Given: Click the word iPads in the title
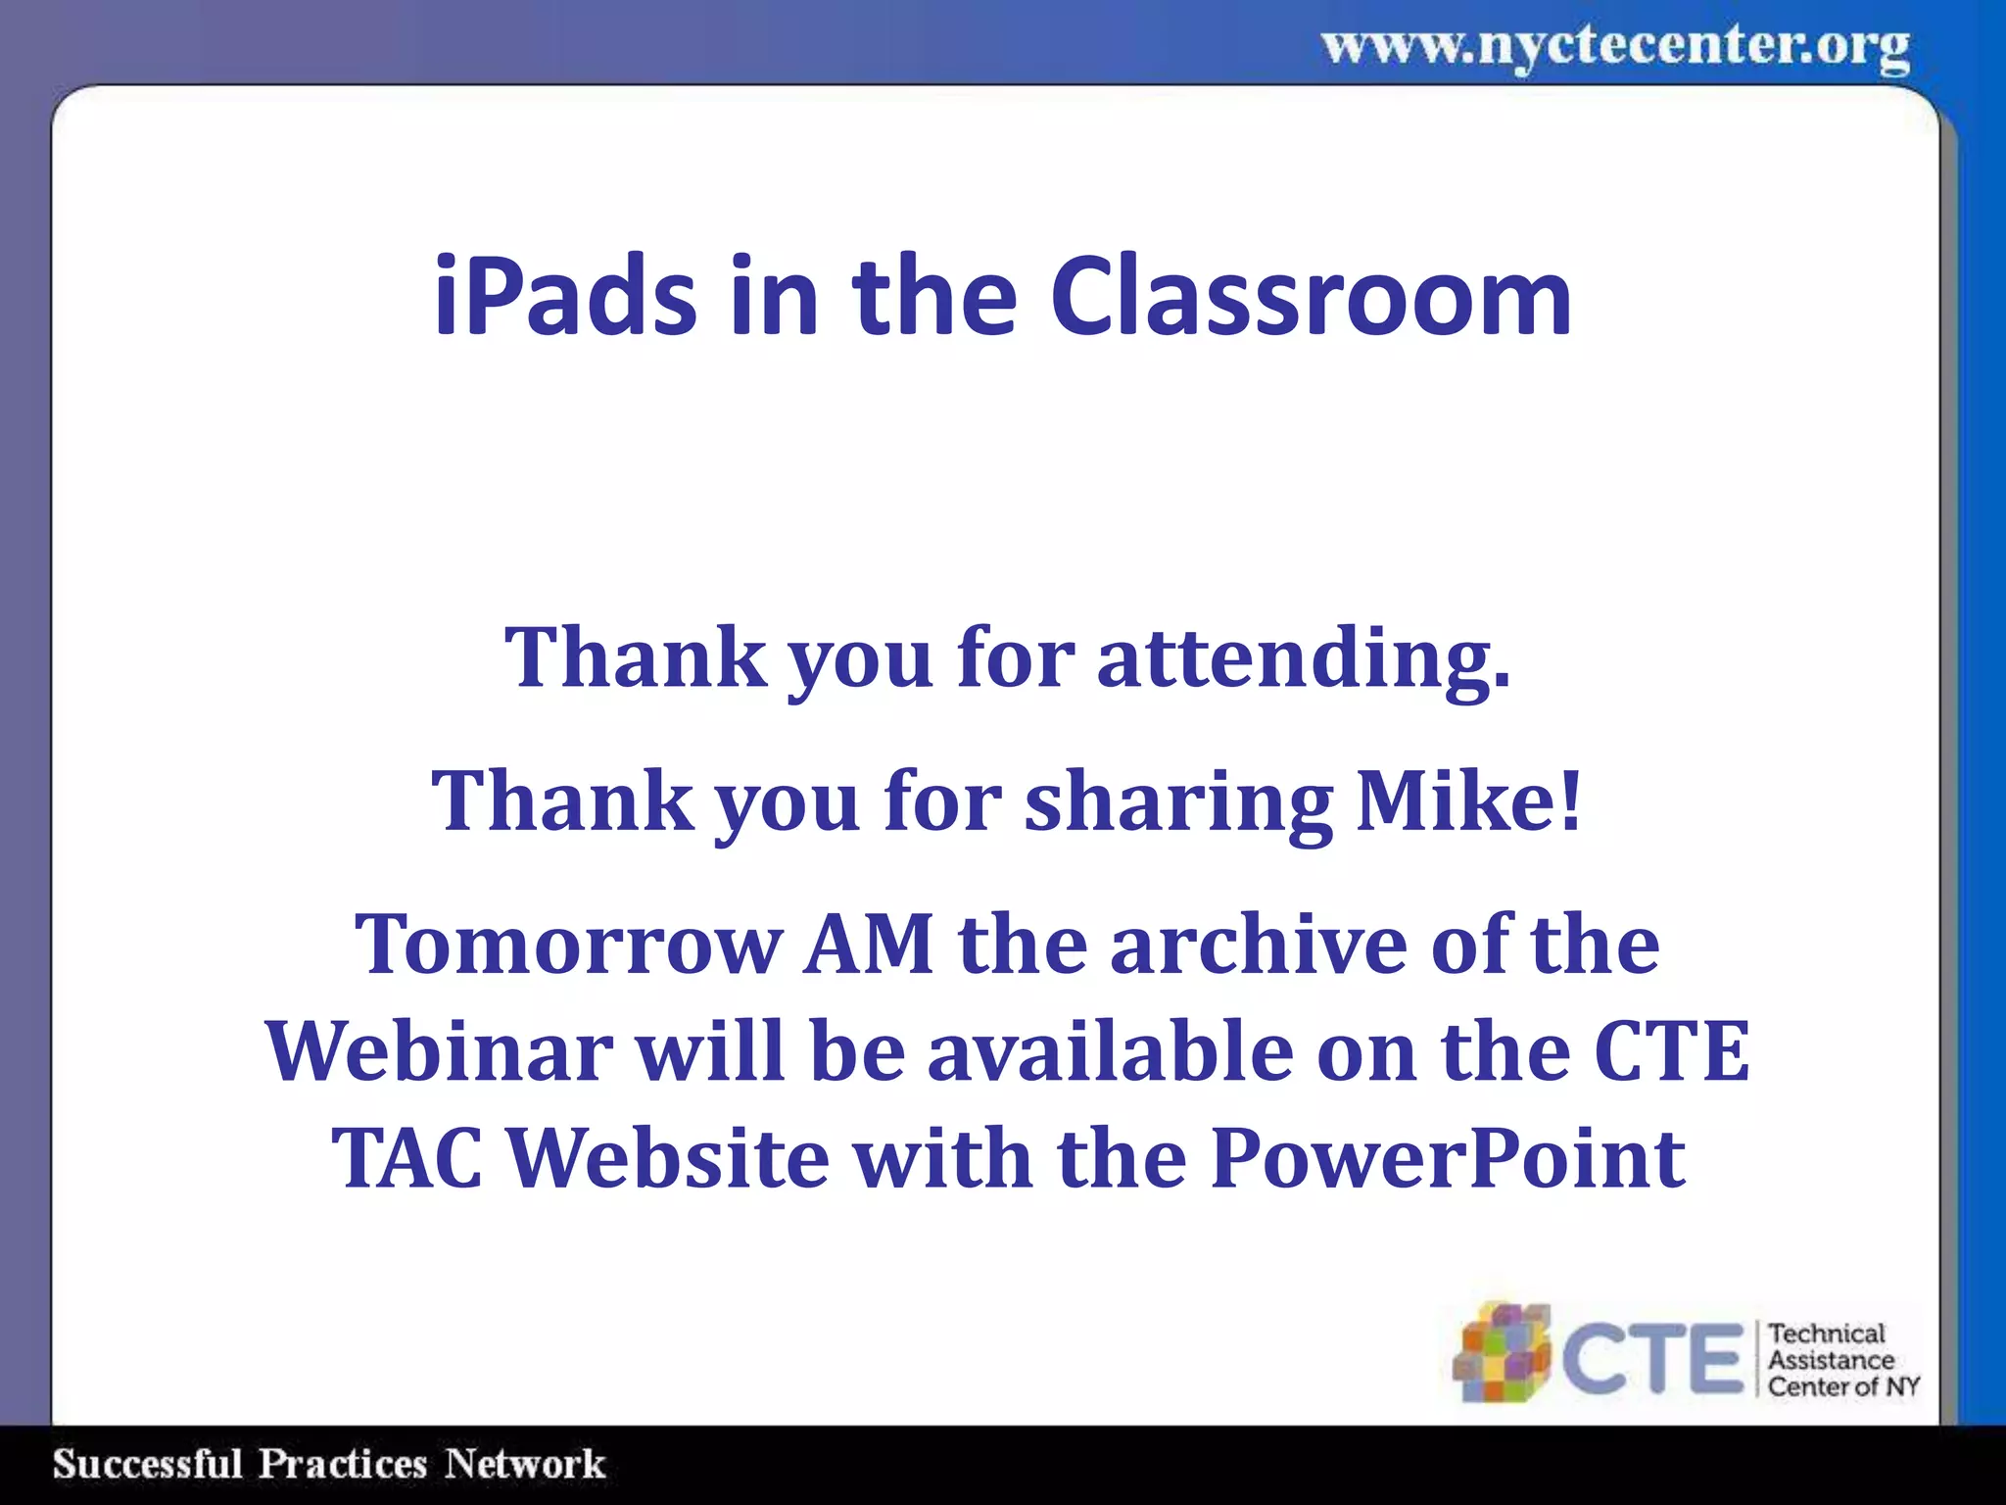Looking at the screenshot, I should click(564, 296).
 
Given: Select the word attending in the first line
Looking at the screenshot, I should click(1304, 658).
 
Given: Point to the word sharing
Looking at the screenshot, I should click(1178, 801).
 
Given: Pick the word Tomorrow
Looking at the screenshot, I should click(567, 945).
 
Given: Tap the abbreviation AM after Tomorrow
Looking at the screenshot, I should click(868, 945).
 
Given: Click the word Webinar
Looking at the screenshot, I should click(439, 1051).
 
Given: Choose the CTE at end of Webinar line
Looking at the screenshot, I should click(1671, 1051).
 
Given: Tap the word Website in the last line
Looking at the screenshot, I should click(669, 1158).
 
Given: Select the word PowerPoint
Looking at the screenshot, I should click(1448, 1158).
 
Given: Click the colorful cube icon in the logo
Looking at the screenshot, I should click(1501, 1353).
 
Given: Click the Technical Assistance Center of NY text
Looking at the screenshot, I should click(1841, 1360).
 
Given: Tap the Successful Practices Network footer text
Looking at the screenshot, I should click(328, 1464).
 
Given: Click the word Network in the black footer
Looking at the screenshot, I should click(525, 1464).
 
